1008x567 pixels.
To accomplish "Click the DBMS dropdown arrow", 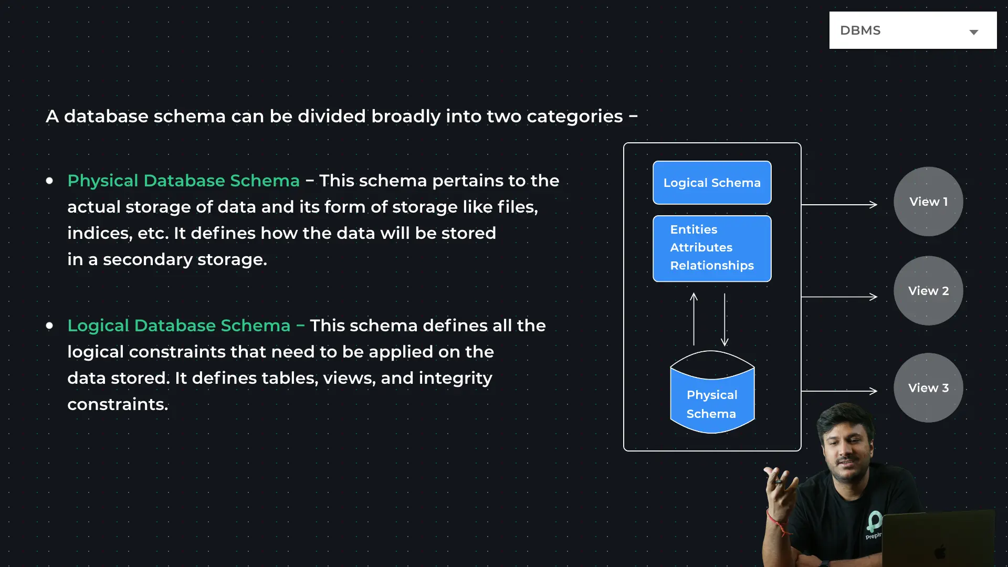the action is point(974,33).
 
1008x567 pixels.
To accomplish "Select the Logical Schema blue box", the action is point(712,183).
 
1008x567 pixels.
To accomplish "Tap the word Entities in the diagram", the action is point(694,229).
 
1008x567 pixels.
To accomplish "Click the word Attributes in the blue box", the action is point(701,247).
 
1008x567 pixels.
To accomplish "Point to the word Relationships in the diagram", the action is point(712,266).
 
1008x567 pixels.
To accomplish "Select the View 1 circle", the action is point(928,202).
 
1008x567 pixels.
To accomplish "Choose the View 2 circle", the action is point(928,291).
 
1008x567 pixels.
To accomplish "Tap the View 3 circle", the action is point(928,388).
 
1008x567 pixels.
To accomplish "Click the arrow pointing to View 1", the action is point(839,204).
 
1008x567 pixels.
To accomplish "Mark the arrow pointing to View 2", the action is point(839,297).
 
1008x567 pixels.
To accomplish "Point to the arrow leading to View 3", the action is point(839,391).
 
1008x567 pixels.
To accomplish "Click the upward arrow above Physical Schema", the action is point(694,319).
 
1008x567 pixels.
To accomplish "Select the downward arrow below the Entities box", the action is point(724,319).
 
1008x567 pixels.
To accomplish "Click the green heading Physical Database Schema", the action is point(184,181).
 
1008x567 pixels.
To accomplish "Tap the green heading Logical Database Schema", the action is point(179,325).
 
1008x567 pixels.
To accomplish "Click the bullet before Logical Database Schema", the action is point(49,325).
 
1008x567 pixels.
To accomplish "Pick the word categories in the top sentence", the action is point(575,117).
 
